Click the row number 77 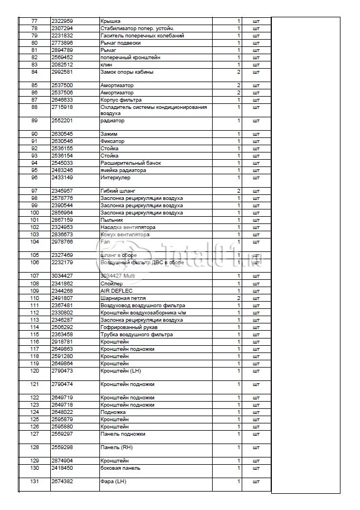click(x=35, y=21)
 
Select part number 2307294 click(x=62, y=28)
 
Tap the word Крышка click(x=110, y=21)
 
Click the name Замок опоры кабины click(x=126, y=72)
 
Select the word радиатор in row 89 click(x=112, y=121)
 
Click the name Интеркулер click(x=115, y=178)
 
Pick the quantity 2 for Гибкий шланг click(x=238, y=191)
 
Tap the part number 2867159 click(x=62, y=220)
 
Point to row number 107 click(x=35, y=275)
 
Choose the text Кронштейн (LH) click(x=121, y=370)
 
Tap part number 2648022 click(x=62, y=412)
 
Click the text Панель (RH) click(x=116, y=447)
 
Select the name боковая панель click(x=120, y=468)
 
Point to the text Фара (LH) click(x=113, y=482)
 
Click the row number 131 click(x=35, y=482)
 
